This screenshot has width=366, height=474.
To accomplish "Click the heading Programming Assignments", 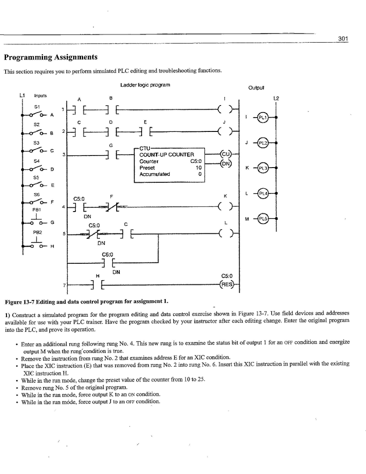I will pyautogui.click(x=50, y=57).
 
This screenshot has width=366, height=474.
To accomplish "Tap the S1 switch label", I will pyautogui.click(x=37, y=106).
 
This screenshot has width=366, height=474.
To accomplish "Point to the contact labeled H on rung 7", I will pyautogui.click(x=98, y=284).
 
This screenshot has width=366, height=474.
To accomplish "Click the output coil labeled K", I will pyautogui.click(x=225, y=205).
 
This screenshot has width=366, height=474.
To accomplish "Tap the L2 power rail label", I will pyautogui.click(x=276, y=98).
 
